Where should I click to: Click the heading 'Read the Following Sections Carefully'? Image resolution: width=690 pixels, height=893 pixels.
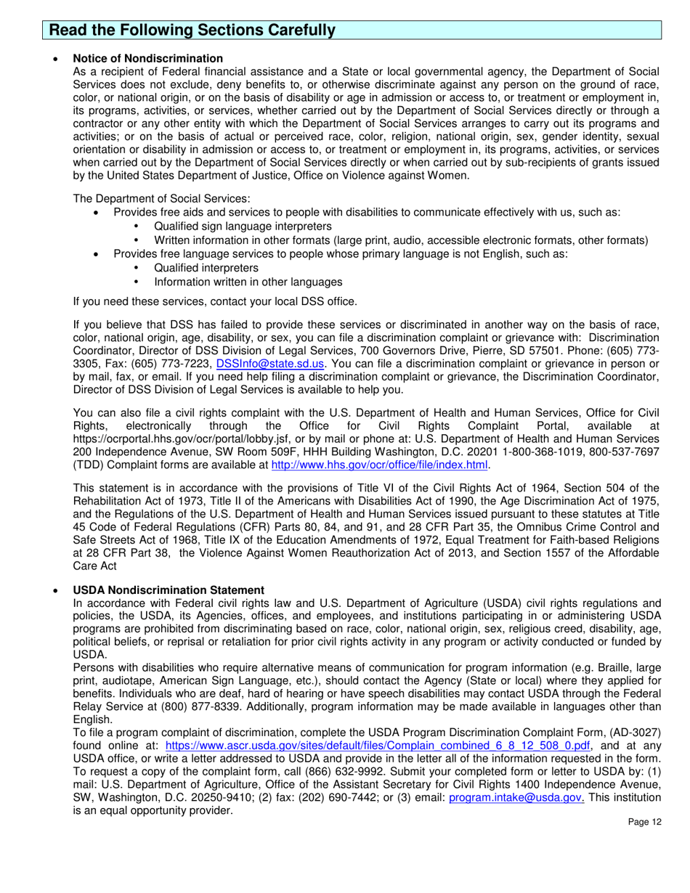pos(192,30)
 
